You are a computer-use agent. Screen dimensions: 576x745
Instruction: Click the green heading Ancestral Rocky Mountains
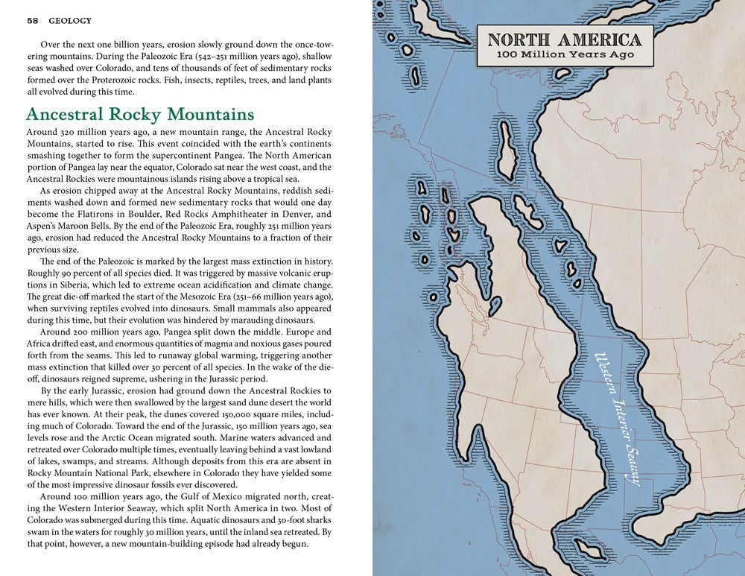(140, 114)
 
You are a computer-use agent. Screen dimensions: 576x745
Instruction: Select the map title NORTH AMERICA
(565, 40)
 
